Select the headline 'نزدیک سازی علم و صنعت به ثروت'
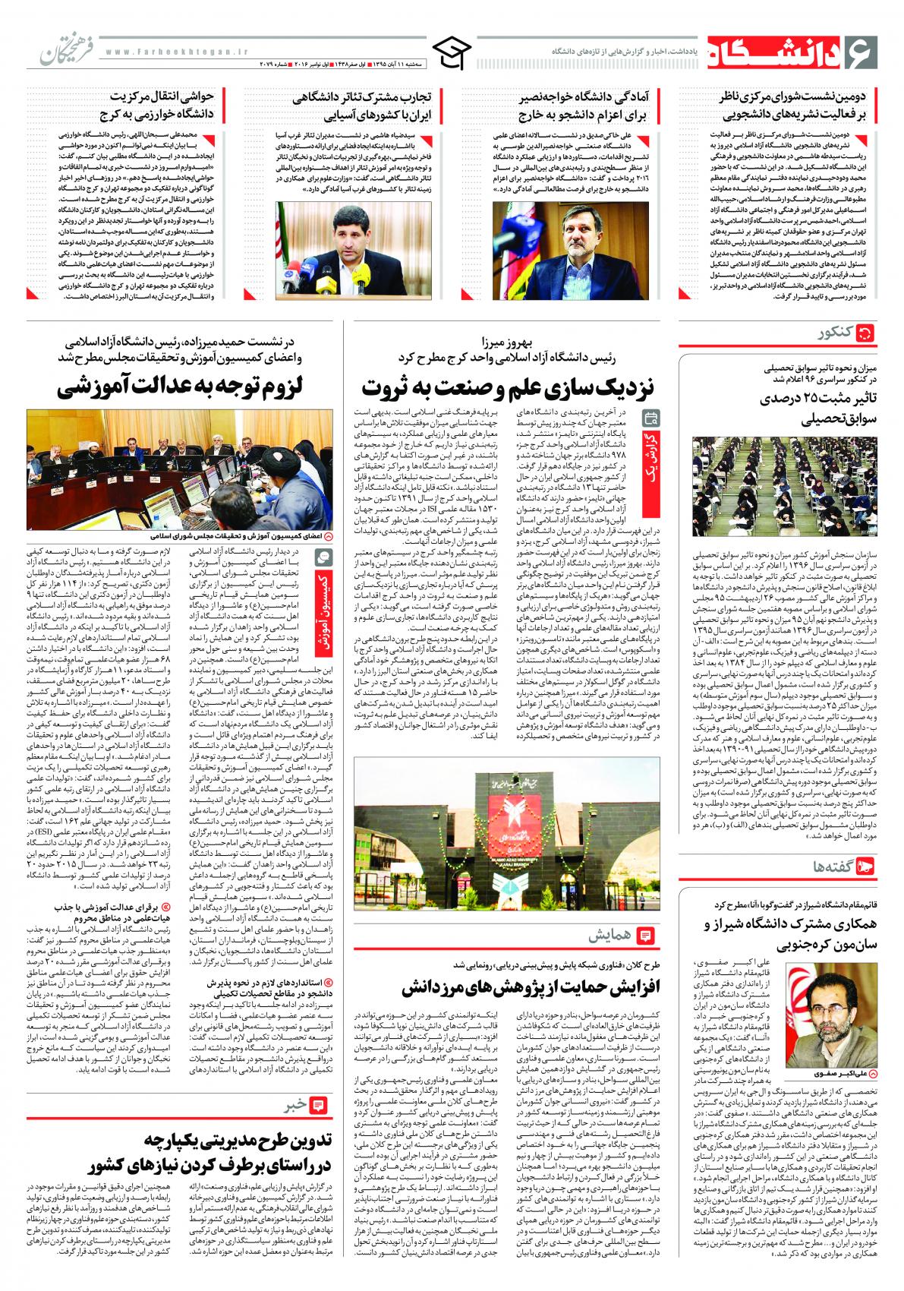tap(507, 388)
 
